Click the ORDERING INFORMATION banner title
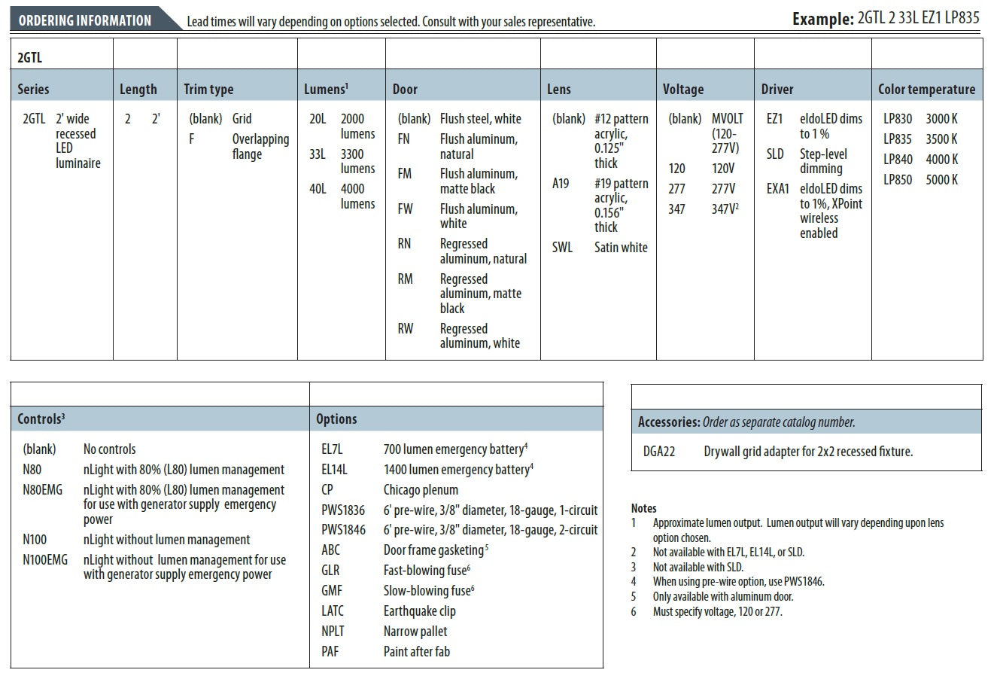[x=84, y=20]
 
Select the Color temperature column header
[x=926, y=89]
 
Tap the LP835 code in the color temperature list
[x=897, y=139]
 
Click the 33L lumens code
[x=318, y=154]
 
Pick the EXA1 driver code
[x=778, y=189]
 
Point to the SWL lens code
[x=562, y=247]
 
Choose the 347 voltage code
[x=676, y=209]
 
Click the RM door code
[x=405, y=279]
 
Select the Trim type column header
[x=208, y=89]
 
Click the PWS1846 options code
[x=343, y=530]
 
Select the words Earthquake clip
[x=419, y=611]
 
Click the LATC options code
[x=333, y=611]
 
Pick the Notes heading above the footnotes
[x=643, y=508]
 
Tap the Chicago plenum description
[x=421, y=490]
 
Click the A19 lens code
[x=561, y=184]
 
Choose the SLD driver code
[x=775, y=154]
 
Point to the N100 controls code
[x=35, y=540]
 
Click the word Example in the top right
[x=822, y=19]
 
